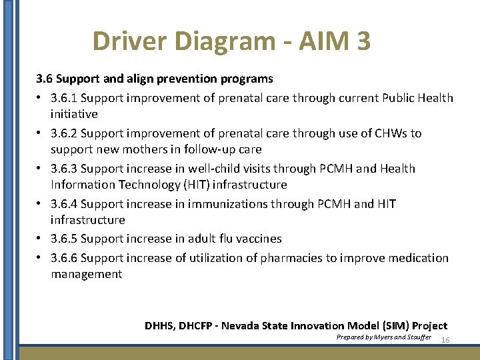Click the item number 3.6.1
pyautogui.click(x=64, y=98)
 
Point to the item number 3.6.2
pyautogui.click(x=64, y=133)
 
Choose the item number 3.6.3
pyautogui.click(x=64, y=169)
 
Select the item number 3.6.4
pyautogui.click(x=64, y=204)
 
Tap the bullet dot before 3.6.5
pyautogui.click(x=41, y=239)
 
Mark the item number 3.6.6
pyautogui.click(x=64, y=258)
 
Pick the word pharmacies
pyautogui.click(x=289, y=258)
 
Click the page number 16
pyautogui.click(x=446, y=340)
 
